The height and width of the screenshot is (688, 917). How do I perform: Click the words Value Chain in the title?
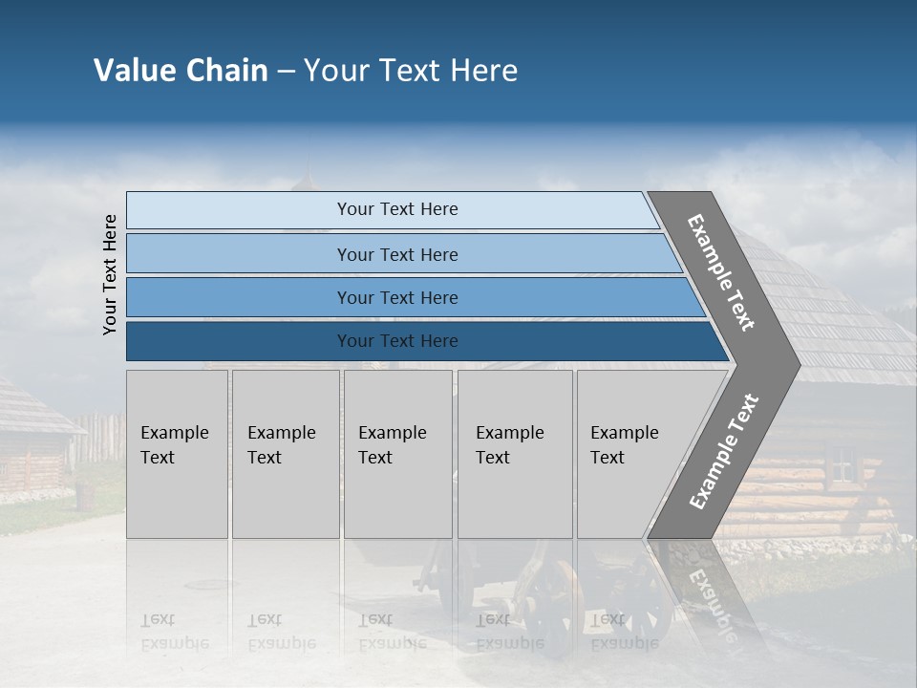pyautogui.click(x=181, y=71)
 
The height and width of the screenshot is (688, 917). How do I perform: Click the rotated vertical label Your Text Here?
pyautogui.click(x=110, y=274)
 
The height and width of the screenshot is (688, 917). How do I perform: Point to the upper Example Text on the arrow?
pyautogui.click(x=721, y=272)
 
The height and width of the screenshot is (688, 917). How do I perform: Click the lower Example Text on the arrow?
pyautogui.click(x=723, y=452)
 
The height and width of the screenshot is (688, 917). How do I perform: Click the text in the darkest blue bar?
pyautogui.click(x=397, y=341)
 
